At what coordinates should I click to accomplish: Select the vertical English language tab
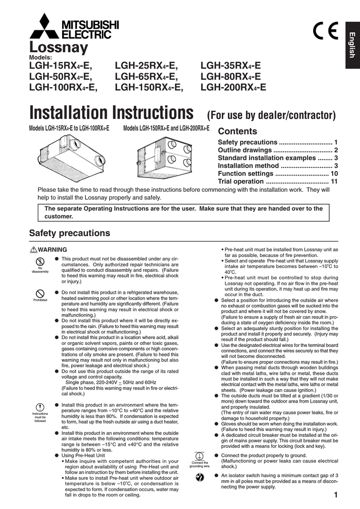point(351,44)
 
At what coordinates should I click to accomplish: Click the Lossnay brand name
point(59,48)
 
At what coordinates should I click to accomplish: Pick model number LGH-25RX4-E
point(146,66)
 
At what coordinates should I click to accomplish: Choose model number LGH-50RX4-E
point(61,77)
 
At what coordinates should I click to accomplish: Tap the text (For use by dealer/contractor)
point(271,116)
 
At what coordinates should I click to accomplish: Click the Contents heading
point(238,132)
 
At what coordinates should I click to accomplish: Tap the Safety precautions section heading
point(70,233)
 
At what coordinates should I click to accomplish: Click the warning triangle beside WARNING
point(34,250)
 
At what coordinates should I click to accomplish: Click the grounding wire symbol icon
point(199,456)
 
